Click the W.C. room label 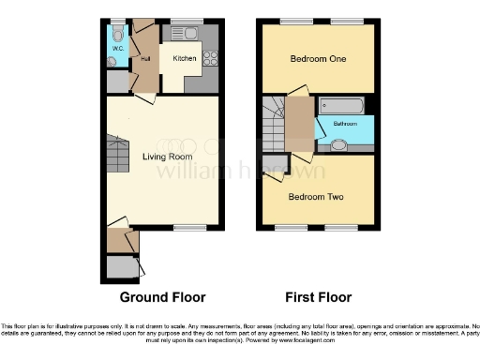click(x=117, y=47)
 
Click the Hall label click(x=145, y=58)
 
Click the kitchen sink click(x=185, y=34)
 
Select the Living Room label click(x=161, y=156)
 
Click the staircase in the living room click(x=114, y=150)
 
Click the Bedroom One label click(x=318, y=59)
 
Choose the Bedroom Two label click(x=316, y=197)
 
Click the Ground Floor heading click(x=162, y=297)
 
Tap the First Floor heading click(x=318, y=297)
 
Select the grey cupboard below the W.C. click(x=118, y=82)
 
